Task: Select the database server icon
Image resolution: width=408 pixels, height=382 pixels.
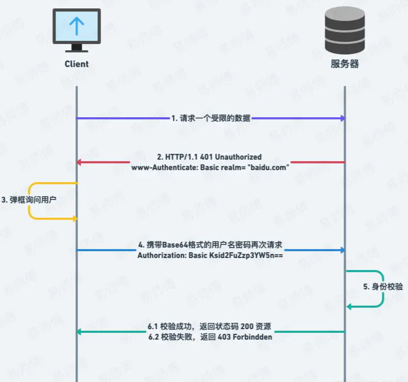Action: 345,30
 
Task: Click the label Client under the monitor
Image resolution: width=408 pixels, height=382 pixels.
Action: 76,64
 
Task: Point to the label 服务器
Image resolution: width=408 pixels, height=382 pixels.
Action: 345,64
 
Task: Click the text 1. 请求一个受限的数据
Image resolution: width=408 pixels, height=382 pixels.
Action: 211,119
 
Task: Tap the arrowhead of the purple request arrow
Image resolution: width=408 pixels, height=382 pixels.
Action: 342,119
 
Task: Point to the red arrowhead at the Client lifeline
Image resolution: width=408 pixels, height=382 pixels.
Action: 80,162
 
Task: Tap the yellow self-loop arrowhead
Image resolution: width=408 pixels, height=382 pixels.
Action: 75,218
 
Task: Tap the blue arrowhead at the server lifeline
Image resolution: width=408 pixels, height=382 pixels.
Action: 342,250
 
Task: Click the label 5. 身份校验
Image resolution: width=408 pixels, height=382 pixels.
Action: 383,287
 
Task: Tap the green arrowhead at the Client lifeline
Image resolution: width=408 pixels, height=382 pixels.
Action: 80,332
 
